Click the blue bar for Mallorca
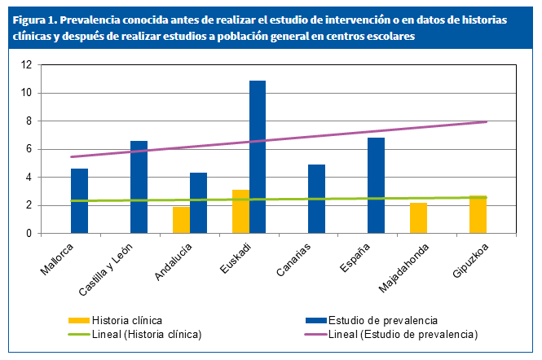pos(79,201)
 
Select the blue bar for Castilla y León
pos(139,187)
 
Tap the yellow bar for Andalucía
pos(181,220)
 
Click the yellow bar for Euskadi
pos(240,212)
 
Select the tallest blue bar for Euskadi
pos(258,157)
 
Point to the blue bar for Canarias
pos(317,199)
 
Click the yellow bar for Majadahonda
pos(418,218)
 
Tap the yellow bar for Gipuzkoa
pos(478,215)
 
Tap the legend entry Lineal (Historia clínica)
pos(147,334)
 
